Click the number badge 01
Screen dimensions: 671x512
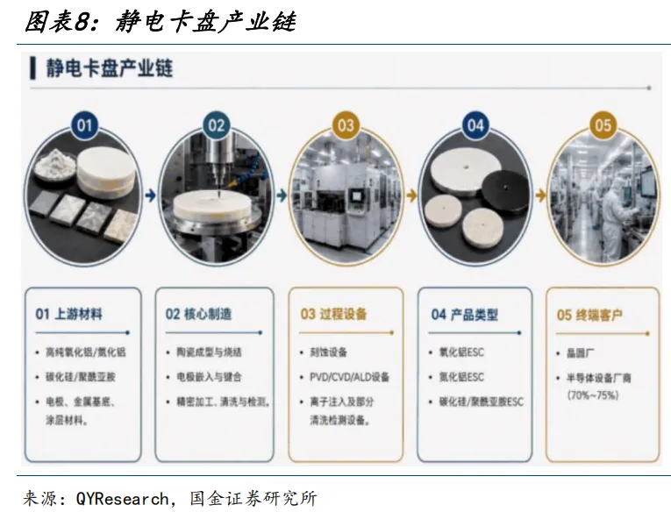[84, 125]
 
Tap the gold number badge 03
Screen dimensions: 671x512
[346, 125]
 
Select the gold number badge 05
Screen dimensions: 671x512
[603, 125]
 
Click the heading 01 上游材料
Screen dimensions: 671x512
[69, 315]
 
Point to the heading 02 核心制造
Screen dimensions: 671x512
[198, 315]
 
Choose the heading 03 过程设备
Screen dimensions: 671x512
[334, 315]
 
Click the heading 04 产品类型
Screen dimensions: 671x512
[465, 316]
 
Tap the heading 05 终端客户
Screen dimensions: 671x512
[589, 316]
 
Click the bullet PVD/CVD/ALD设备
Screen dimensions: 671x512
[350, 377]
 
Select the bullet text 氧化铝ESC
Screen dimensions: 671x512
[461, 352]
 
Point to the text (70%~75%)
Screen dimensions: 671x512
[593, 395]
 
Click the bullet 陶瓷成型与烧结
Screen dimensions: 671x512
[210, 352]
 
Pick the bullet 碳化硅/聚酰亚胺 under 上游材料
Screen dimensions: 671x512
[81, 377]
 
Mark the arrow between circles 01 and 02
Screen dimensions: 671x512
[150, 196]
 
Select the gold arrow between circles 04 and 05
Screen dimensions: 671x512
[540, 196]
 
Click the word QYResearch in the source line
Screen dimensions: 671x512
[123, 499]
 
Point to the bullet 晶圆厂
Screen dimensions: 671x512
[581, 353]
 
